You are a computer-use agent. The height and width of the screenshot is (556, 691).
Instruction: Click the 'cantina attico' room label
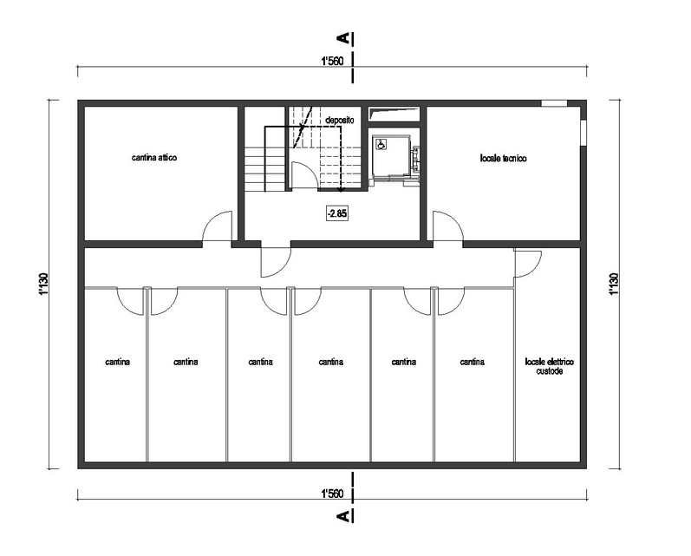[x=154, y=157]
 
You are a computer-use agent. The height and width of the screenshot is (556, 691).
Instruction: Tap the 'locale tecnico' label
[x=503, y=158]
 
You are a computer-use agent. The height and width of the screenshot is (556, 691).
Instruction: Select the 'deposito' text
[x=339, y=120]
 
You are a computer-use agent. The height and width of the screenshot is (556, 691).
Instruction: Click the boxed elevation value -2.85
[x=337, y=214]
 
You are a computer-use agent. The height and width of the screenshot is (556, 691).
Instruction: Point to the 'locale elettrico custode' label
[x=550, y=366]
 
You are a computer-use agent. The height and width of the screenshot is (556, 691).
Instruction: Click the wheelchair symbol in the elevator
[x=381, y=143]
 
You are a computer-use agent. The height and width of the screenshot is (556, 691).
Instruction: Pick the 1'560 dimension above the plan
[x=332, y=62]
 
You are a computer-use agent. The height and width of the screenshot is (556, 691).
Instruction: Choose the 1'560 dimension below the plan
[x=332, y=494]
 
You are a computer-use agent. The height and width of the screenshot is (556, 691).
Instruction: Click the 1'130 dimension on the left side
[x=43, y=285]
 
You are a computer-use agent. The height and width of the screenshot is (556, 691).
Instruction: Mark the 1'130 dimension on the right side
[x=615, y=285]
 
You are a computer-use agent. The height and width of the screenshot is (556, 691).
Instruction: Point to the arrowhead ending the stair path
[x=341, y=190]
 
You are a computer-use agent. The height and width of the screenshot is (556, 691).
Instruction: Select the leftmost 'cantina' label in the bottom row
[x=118, y=362]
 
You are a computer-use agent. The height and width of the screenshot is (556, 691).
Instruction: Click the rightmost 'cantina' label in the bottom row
[x=472, y=362]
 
